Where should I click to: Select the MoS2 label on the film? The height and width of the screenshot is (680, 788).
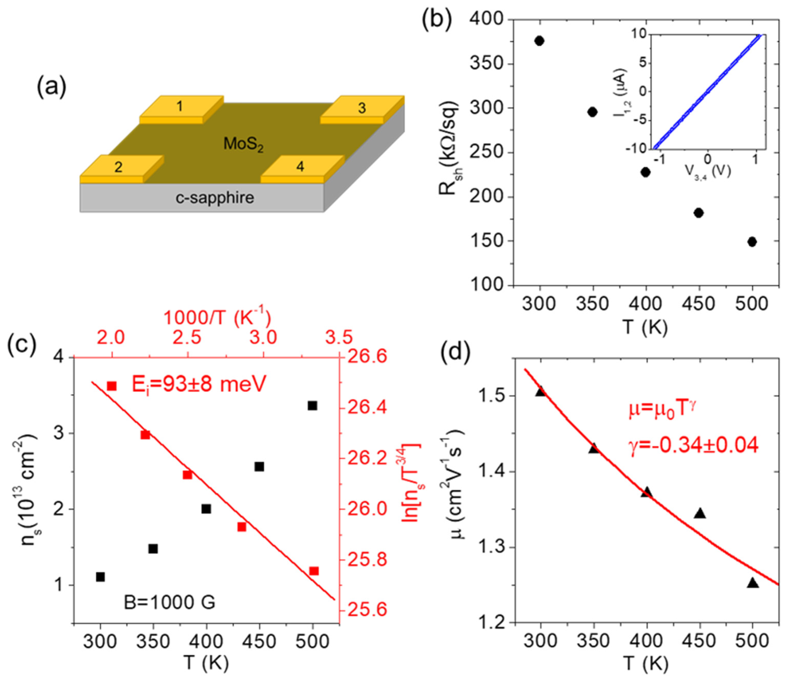click(243, 144)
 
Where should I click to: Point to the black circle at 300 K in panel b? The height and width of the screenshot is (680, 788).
click(539, 41)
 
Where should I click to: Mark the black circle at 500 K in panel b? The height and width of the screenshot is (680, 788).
click(752, 242)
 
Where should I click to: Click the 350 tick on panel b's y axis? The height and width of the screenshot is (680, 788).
click(487, 64)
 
